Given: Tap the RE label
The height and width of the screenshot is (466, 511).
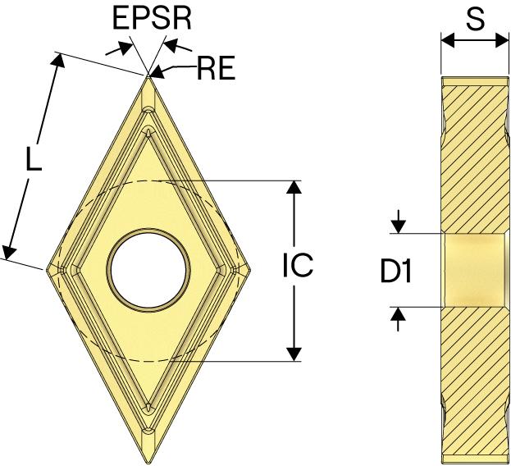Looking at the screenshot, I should [216, 69].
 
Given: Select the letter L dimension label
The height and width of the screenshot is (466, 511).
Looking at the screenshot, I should [32, 160].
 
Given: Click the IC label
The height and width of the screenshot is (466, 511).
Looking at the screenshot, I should [298, 267].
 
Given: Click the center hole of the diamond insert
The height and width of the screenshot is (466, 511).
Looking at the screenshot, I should [149, 268].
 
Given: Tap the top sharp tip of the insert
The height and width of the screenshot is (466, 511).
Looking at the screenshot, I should [149, 76].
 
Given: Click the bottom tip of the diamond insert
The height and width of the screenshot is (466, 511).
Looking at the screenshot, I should [149, 461].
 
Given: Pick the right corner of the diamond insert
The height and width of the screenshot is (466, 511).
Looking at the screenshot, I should [251, 269].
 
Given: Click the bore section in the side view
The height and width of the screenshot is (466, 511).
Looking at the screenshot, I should [473, 270].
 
